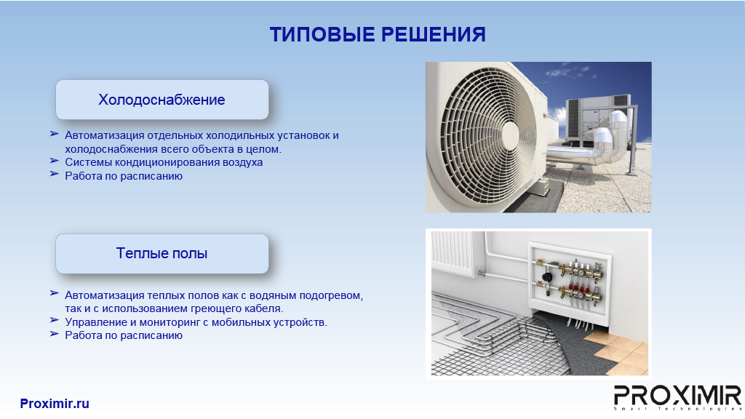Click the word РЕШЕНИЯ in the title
(434, 35)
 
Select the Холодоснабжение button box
(162, 99)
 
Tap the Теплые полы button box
(162, 253)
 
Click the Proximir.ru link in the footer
(55, 403)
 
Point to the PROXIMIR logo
(677, 397)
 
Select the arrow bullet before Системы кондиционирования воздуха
(54, 161)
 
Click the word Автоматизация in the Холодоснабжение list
(104, 135)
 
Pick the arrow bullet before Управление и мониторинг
(54, 321)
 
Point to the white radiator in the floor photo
(453, 252)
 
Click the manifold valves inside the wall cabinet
(569, 280)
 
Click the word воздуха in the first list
(242, 162)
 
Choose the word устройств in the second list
(300, 322)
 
